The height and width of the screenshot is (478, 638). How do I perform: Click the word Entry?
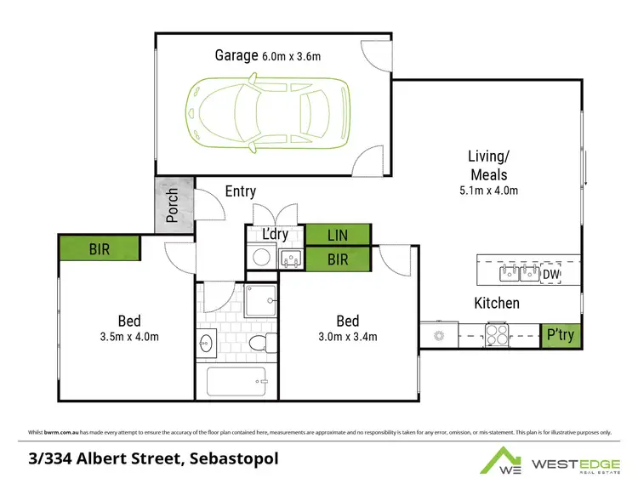pos(241,192)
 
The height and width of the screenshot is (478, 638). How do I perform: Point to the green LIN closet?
pos(338,234)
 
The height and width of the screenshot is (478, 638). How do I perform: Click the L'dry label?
pos(274,234)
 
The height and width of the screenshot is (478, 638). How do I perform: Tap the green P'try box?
pos(561,335)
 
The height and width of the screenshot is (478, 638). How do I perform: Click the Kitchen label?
pos(496,303)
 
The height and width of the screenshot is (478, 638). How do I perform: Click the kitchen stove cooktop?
pos(496,334)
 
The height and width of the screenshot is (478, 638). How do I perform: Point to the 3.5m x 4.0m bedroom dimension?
pos(129,336)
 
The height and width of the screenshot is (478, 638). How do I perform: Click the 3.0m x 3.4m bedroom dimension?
pos(347,336)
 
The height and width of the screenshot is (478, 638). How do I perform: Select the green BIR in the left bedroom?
pos(100,249)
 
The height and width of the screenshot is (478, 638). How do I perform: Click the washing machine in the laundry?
pos(262,258)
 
